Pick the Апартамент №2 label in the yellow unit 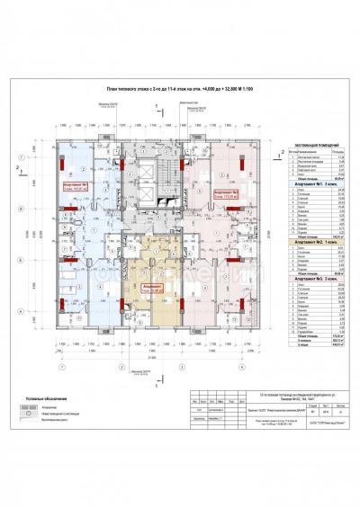click(139, 289)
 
